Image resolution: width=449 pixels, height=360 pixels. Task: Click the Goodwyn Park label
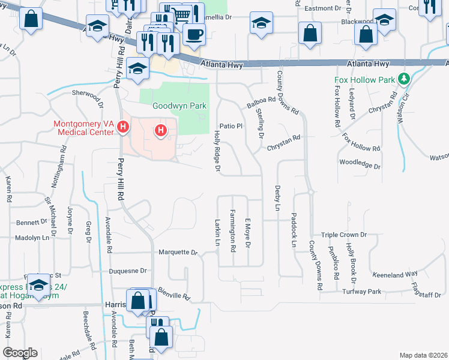[179, 106]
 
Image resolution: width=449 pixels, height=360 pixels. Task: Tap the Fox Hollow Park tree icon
[405, 79]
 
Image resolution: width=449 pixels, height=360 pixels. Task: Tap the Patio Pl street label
[231, 126]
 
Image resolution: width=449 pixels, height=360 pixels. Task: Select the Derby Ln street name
[277, 198]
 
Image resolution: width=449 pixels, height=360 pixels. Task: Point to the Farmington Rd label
[232, 230]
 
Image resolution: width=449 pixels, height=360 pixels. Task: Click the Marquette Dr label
[178, 253]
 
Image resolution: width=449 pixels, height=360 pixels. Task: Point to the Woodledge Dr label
[360, 164]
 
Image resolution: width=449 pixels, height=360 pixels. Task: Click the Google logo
[20, 352]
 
